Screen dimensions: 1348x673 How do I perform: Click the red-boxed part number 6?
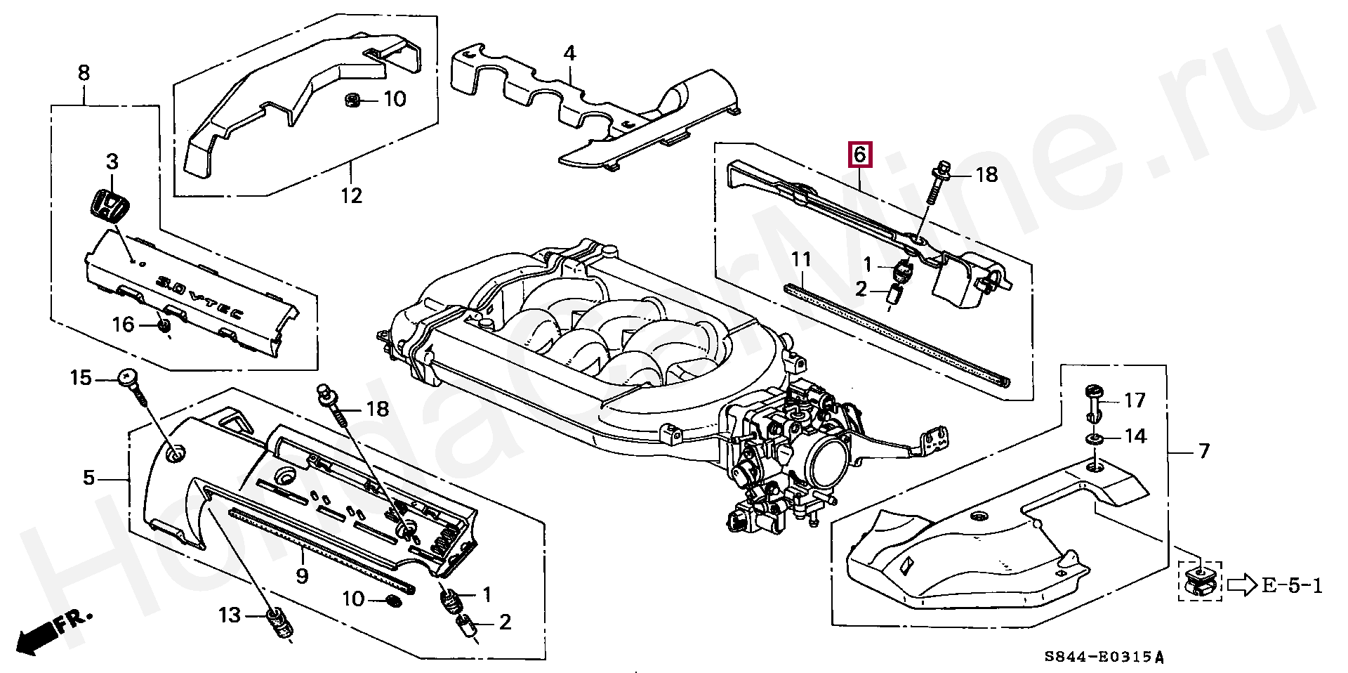point(861,154)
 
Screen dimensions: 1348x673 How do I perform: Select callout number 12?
point(352,195)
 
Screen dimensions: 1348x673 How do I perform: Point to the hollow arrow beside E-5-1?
point(1242,585)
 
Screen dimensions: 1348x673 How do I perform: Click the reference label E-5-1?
point(1293,585)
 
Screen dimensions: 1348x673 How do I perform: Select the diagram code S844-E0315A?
point(1104,658)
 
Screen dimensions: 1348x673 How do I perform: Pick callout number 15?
point(81,378)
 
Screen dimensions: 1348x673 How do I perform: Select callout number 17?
point(1135,400)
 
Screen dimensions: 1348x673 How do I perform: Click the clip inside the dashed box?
point(1200,582)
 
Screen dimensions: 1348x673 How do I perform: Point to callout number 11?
point(801,259)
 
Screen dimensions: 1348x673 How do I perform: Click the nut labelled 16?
point(164,327)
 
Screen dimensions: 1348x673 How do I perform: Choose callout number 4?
point(569,53)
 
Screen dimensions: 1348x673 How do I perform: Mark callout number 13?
point(230,615)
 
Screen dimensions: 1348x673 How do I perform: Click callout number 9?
point(302,576)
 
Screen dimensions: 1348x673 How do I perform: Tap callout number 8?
point(84,72)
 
